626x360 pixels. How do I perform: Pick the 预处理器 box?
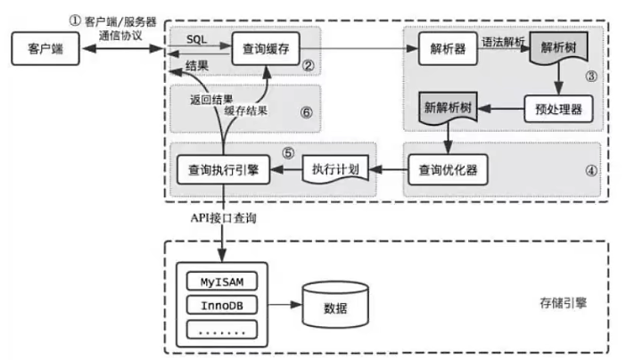[558, 110]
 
